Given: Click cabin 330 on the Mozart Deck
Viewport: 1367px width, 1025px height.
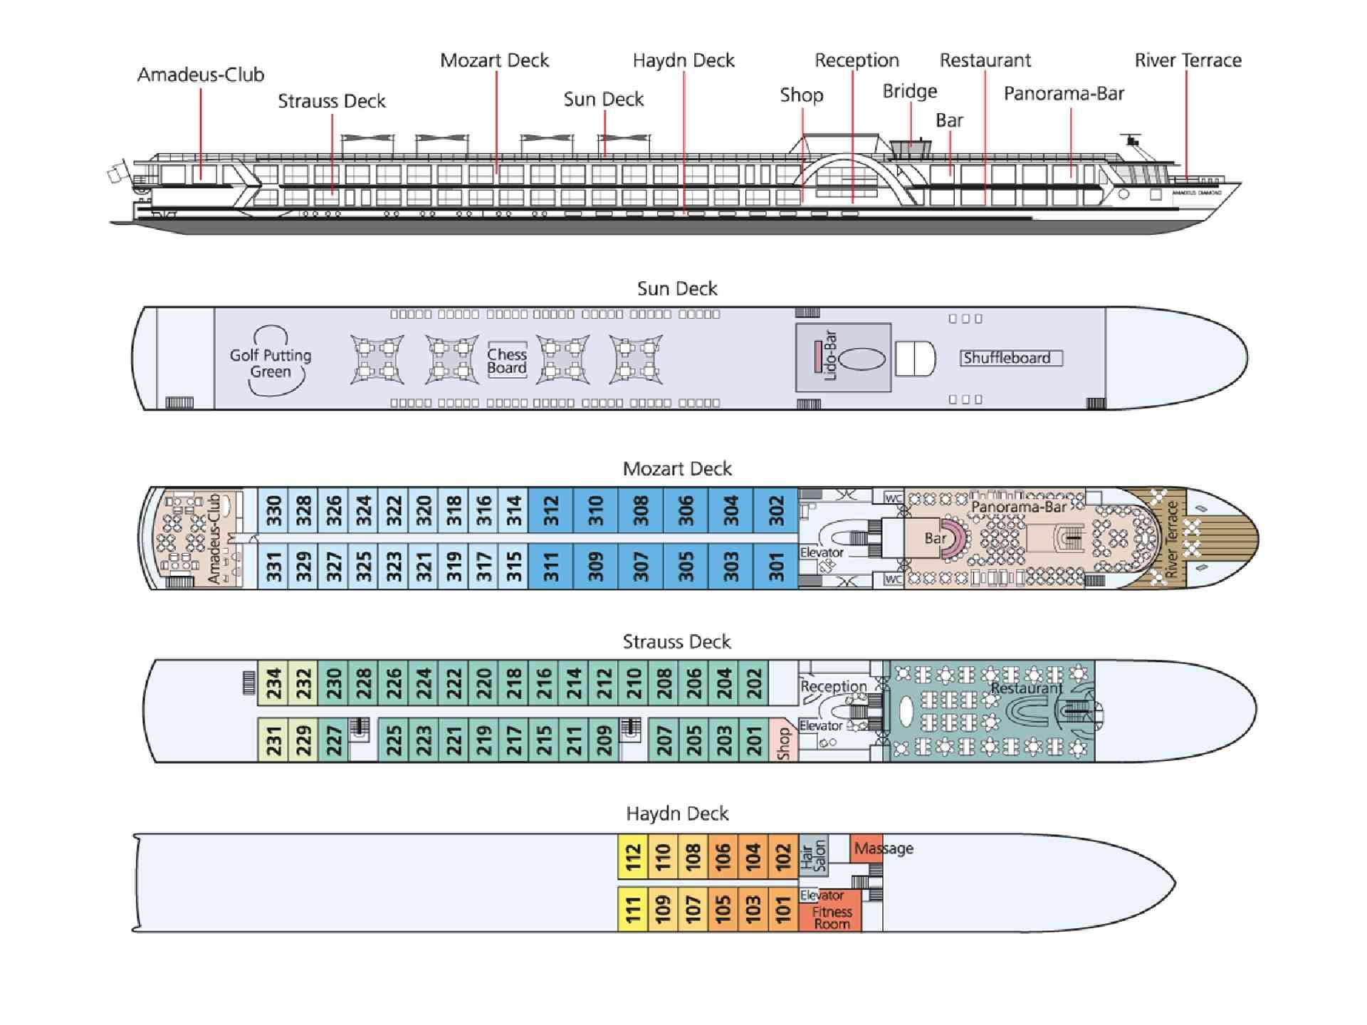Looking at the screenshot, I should point(273,510).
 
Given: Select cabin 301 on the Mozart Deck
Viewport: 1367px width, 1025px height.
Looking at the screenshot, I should point(776,567).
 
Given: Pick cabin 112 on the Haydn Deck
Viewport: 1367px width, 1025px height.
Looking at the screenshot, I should point(633,857).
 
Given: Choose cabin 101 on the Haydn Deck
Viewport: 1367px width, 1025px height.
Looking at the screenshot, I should point(783,910).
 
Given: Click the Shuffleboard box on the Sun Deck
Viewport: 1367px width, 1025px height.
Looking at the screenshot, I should point(1010,358).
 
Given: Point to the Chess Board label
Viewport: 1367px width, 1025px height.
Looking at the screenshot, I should point(507,361).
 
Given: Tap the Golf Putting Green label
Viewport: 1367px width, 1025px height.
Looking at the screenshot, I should point(271,363).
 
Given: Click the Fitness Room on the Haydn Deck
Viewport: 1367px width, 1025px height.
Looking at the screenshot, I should point(831,918).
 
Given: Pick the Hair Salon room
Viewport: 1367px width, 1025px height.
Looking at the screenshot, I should point(814,856).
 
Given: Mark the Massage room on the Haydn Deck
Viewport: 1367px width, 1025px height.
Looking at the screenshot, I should point(866,848).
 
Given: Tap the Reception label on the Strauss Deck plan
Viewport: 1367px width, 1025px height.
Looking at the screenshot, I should point(834,686).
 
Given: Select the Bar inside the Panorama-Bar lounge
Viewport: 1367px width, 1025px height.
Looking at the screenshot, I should point(934,538).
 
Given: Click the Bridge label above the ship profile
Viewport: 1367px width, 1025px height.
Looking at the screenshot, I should point(910,91).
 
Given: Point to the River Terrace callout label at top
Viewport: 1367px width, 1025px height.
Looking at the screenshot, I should point(1188,61).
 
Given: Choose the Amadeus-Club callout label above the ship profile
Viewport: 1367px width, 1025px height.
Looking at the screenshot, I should point(201,75).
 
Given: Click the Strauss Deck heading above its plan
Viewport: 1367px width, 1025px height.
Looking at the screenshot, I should point(676,642).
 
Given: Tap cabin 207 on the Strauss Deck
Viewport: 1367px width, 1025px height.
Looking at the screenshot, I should point(664,740).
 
